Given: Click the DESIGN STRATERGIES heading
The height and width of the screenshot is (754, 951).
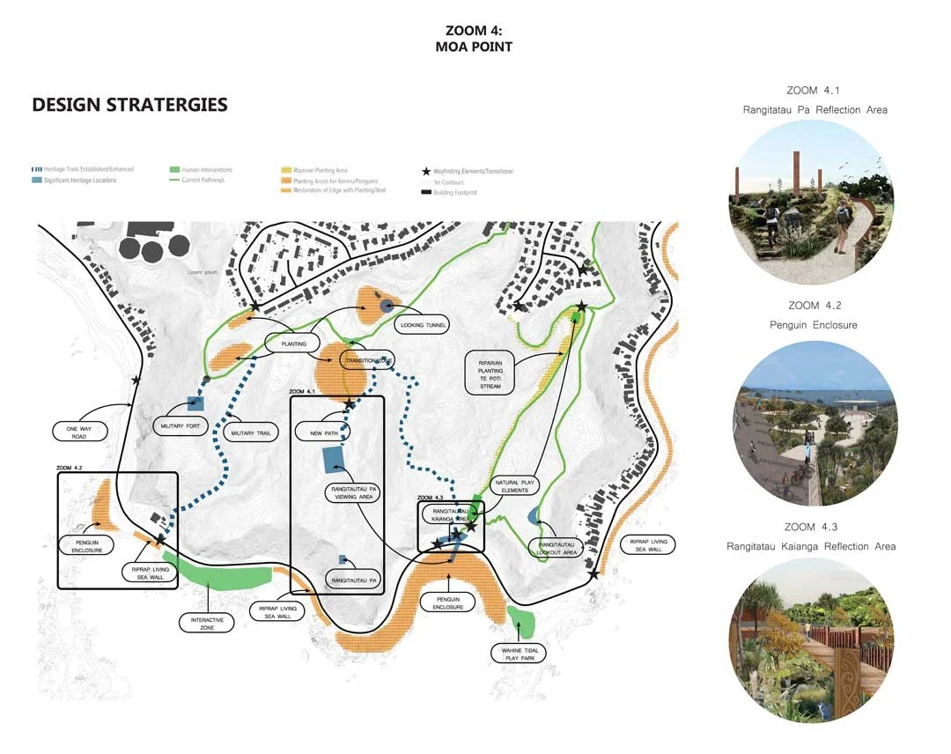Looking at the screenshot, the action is pyautogui.click(x=129, y=105).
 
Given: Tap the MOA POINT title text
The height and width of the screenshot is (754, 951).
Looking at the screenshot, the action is pyautogui.click(x=473, y=47).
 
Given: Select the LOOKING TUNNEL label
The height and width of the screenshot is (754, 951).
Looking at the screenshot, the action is pyautogui.click(x=424, y=325).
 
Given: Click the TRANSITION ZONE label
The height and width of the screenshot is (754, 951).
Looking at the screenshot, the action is pyautogui.click(x=368, y=361).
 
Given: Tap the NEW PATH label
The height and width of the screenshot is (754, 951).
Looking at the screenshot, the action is pyautogui.click(x=320, y=433).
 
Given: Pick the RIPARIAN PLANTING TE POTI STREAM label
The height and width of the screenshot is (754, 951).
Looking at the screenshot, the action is pyautogui.click(x=491, y=374).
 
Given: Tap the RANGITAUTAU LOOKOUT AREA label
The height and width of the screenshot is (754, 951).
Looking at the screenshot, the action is pyautogui.click(x=557, y=548).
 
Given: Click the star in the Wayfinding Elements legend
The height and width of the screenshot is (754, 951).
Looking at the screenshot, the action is pyautogui.click(x=427, y=171).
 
